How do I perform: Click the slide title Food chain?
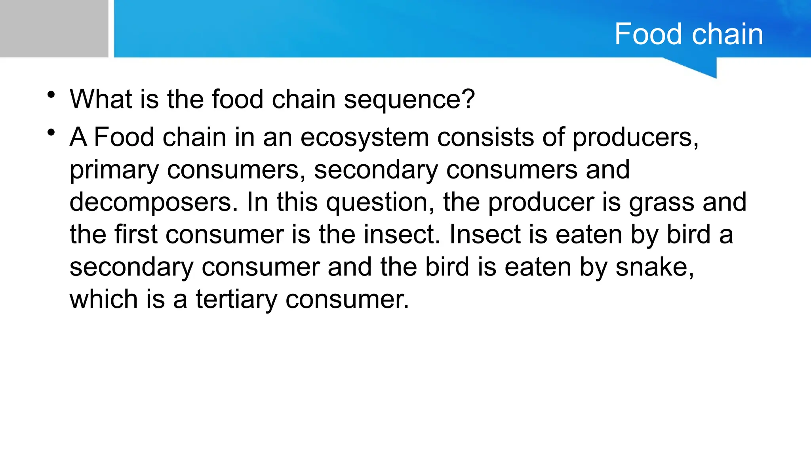point(689,34)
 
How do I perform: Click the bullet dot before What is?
point(51,95)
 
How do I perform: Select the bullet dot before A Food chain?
point(51,133)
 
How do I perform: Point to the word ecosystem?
point(365,138)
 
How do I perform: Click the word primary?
point(114,170)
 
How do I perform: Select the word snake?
point(654,267)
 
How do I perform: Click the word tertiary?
point(236,300)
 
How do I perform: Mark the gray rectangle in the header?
point(54,28)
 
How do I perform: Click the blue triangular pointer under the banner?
point(701,67)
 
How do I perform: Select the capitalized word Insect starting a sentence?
point(485,235)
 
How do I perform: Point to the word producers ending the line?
point(635,138)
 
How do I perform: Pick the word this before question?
point(297,203)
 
